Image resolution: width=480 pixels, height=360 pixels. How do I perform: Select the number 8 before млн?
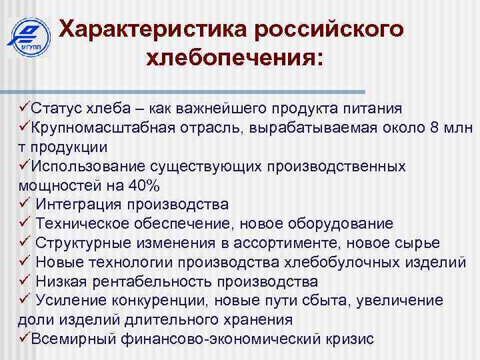(x=435, y=127)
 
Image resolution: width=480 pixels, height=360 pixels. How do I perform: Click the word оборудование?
(x=337, y=223)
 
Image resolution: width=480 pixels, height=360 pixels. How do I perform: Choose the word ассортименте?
(x=305, y=243)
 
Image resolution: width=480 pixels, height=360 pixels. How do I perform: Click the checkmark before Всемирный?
(x=24, y=339)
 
